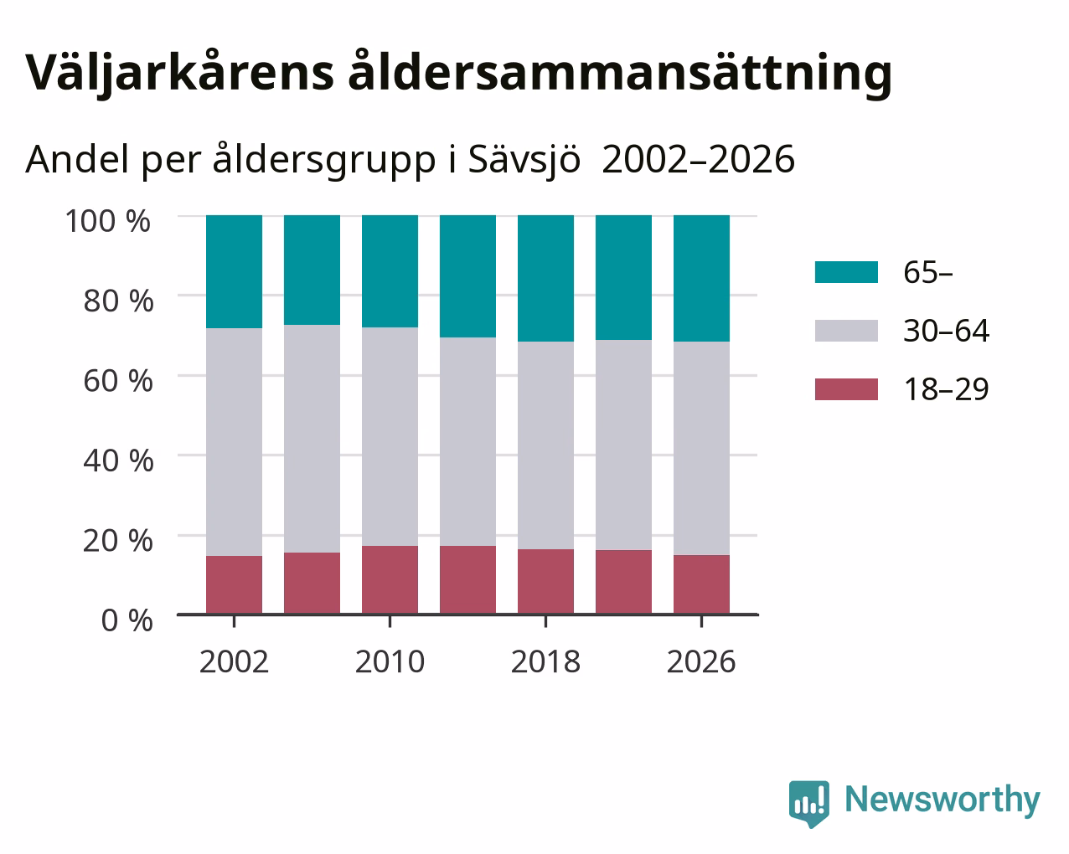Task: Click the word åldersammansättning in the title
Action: click(x=620, y=73)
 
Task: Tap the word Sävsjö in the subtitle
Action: click(x=524, y=161)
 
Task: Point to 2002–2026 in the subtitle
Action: click(x=698, y=159)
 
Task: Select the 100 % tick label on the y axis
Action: click(x=107, y=221)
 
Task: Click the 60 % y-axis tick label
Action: click(x=118, y=381)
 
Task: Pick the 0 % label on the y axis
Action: click(x=127, y=620)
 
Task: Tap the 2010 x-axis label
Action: click(x=390, y=661)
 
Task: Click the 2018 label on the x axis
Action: click(x=545, y=661)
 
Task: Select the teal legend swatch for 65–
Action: click(x=846, y=272)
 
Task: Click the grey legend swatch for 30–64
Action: click(x=846, y=331)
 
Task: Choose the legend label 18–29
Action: click(x=947, y=389)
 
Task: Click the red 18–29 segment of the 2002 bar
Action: click(x=234, y=585)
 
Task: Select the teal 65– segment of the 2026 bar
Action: click(x=701, y=279)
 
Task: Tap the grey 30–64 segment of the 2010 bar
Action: click(x=390, y=436)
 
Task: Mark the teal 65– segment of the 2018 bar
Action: click(x=546, y=279)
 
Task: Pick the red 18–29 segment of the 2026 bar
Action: click(x=701, y=584)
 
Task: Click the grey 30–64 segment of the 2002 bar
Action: click(x=234, y=442)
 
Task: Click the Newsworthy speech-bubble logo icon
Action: click(x=809, y=804)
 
